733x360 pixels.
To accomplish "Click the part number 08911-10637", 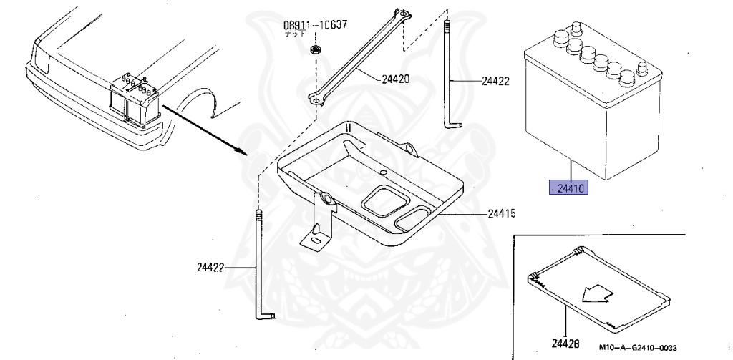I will tap(315, 24).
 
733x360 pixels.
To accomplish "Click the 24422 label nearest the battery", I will tap(495, 82).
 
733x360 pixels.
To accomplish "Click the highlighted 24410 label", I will tap(567, 189).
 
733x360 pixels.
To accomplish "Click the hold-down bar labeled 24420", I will tap(358, 60).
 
